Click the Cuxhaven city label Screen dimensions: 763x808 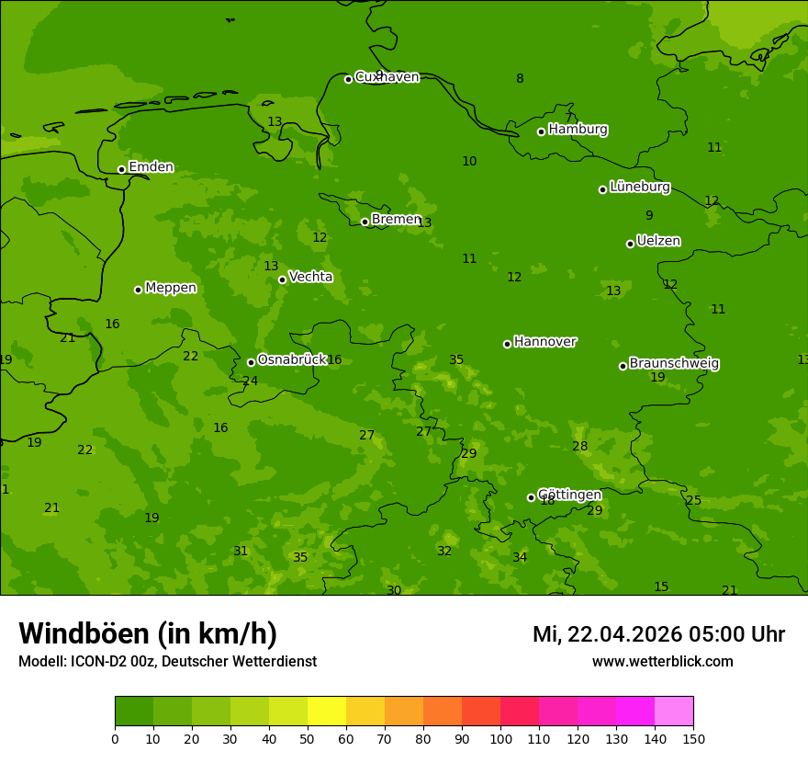pos(387,77)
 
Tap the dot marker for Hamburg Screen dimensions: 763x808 pos(541,131)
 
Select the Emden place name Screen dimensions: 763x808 pos(151,167)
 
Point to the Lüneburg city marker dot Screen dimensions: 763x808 pos(602,189)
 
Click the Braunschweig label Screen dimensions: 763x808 pos(674,364)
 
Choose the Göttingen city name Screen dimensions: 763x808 pos(569,495)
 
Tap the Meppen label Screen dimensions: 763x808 pos(171,288)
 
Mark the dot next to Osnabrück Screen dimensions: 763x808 pos(251,362)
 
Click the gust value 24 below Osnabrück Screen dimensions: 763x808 pos(250,381)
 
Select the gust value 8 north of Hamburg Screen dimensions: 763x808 pos(520,79)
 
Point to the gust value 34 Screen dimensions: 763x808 pos(520,558)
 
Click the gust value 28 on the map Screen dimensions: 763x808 pos(579,447)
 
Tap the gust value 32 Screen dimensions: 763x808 pos(444,552)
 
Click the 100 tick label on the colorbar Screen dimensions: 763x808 pos(500,739)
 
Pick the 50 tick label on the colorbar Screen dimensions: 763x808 pos(308,739)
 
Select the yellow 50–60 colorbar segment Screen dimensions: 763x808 pos(327,712)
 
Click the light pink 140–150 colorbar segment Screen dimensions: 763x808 pos(674,712)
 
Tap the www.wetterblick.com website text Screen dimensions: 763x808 pos(662,662)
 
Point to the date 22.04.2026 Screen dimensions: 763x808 pos(623,634)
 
